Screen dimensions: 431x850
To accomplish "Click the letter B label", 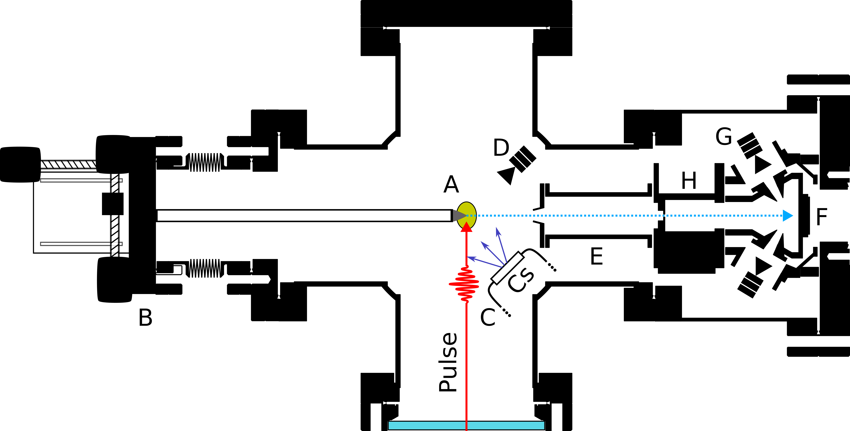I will coord(146,318).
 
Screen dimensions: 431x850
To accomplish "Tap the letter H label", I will coord(689,181).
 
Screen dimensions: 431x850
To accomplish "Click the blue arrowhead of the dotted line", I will coord(788,215).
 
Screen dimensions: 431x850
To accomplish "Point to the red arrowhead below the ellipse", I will coord(466,227).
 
